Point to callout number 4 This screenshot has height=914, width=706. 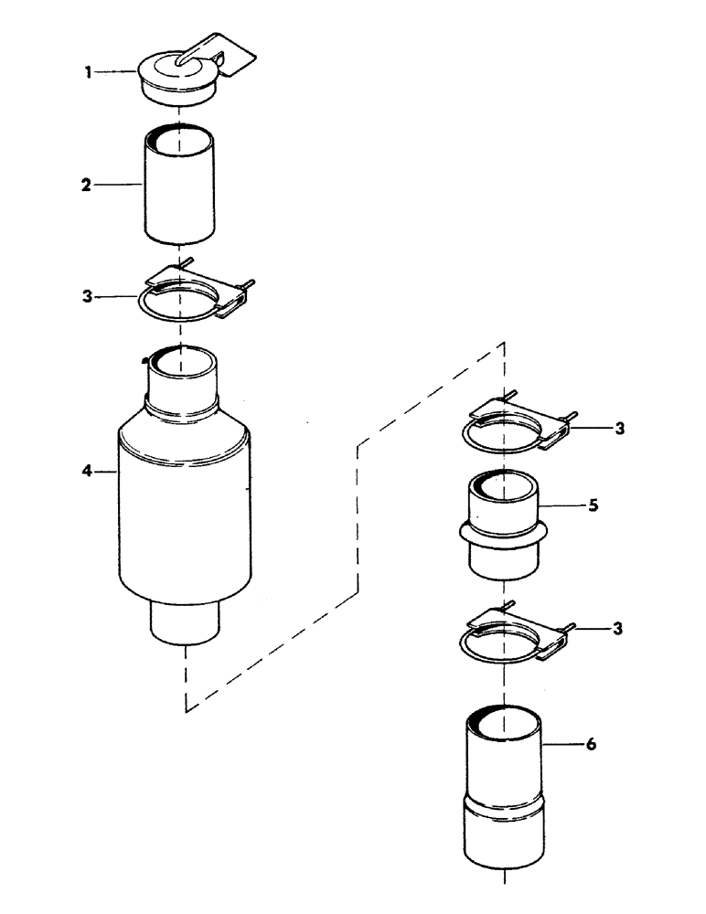86,472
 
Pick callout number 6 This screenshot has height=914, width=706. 592,745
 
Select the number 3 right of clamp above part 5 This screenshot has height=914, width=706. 619,428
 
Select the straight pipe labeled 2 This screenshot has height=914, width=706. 181,187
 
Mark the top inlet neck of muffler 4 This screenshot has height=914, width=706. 183,384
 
